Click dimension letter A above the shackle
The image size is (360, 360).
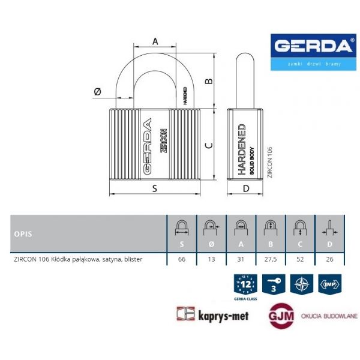pos(155,41)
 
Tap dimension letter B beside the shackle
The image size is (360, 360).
pos(209,82)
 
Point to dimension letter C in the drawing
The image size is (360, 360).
pos(208,146)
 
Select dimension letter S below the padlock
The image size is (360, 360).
pos(154,188)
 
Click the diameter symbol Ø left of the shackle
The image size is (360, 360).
pos(97,92)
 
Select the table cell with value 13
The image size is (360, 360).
pos(211,259)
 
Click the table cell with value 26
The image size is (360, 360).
pos(329,259)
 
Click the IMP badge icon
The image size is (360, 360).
pos(329,284)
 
